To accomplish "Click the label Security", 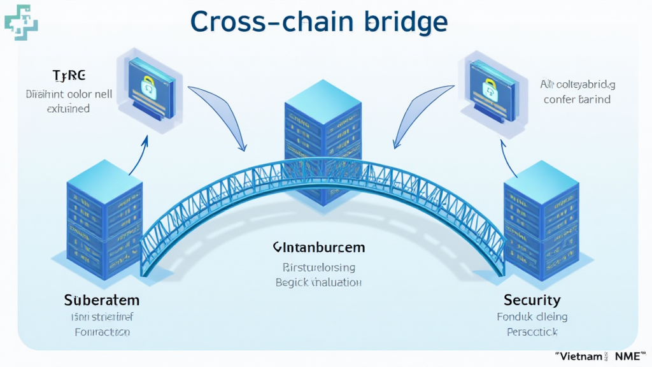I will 532,299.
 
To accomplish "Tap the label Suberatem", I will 102,299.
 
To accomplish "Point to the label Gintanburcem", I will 318,247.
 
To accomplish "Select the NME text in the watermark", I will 627,357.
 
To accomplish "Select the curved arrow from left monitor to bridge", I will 220,115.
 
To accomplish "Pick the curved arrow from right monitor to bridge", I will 417,115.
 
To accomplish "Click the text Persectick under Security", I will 532,332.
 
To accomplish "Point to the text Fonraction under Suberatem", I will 102,332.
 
